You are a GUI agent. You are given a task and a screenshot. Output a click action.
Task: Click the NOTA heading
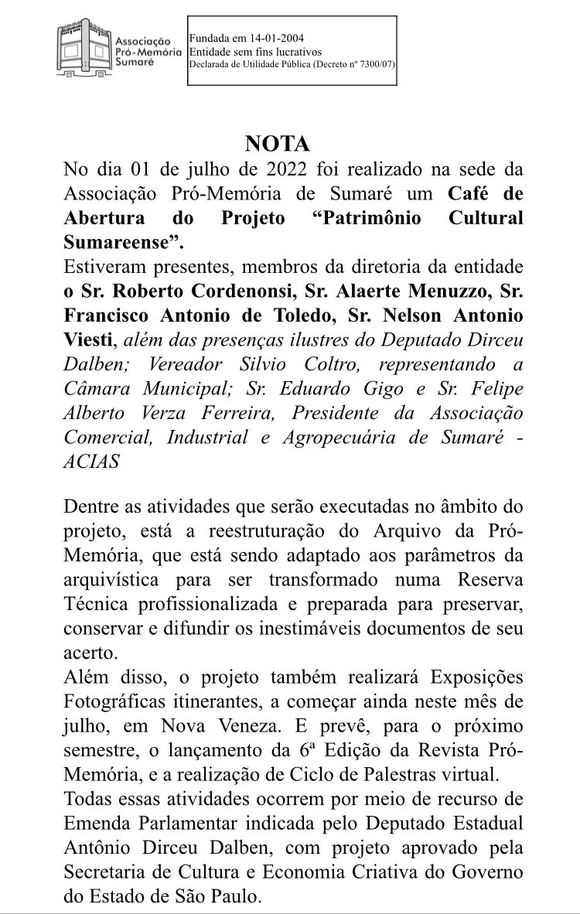[277, 144]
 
